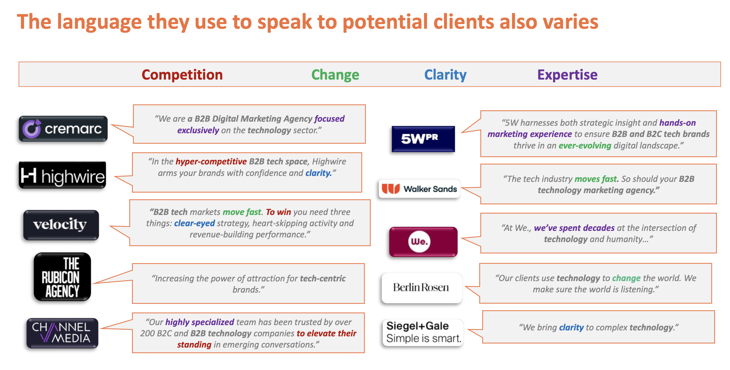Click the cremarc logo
coord(63,129)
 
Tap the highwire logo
coord(62,175)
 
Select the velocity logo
coord(61,225)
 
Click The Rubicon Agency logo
coord(62,277)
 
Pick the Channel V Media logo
coord(62,333)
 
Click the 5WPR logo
coord(423,139)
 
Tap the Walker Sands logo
coord(419,188)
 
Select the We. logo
coord(423,242)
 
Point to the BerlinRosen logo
coord(422,288)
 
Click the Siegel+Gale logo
coord(423,333)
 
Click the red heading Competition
coord(182,75)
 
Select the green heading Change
coord(335,75)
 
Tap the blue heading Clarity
coord(445,75)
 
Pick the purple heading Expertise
coord(567,75)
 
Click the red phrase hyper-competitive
coord(211,162)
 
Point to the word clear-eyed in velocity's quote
coord(194,223)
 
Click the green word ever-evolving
coord(585,146)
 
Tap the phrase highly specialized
coord(200,322)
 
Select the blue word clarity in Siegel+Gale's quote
coord(571,328)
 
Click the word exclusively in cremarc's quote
coord(198,130)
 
